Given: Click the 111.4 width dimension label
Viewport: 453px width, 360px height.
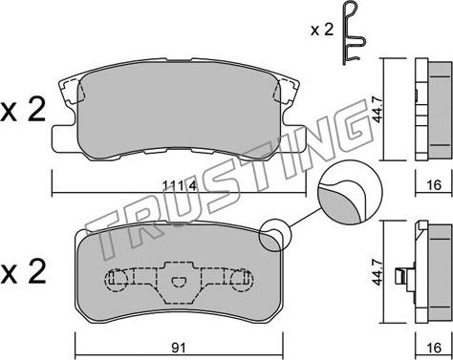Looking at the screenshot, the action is click(x=180, y=185).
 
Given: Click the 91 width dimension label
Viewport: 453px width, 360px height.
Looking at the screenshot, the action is click(x=180, y=348).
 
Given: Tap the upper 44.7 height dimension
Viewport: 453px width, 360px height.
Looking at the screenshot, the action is click(x=378, y=110).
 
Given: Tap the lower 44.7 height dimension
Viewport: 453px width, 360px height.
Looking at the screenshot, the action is click(x=378, y=273).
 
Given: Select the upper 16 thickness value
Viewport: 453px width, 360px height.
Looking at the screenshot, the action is click(x=434, y=185).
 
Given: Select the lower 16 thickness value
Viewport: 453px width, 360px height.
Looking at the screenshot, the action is click(x=434, y=348).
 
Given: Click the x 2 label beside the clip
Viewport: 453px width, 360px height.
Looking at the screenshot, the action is click(x=322, y=31).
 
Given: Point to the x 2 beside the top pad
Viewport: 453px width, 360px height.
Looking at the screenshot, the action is click(x=23, y=111).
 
